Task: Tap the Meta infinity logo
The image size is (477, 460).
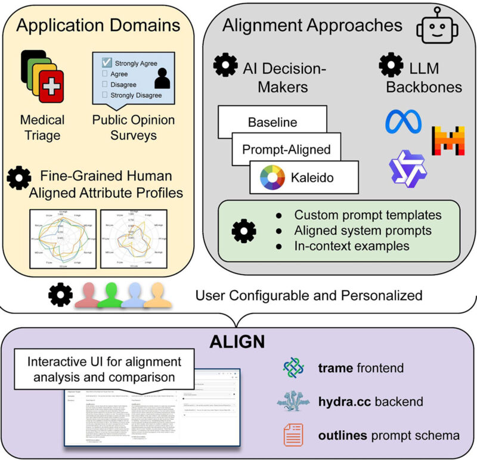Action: [403, 122]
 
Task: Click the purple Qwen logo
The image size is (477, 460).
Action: [408, 169]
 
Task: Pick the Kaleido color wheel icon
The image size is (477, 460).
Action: [272, 177]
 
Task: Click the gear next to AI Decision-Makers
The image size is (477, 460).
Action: [225, 65]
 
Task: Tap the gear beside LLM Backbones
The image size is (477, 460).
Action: [391, 64]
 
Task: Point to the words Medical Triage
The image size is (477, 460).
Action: [42, 127]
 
